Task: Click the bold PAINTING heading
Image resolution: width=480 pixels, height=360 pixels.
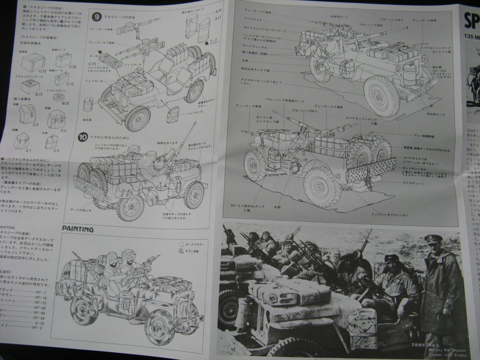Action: pyautogui.click(x=78, y=229)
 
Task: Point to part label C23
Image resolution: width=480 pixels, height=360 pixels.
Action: pyautogui.click(x=43, y=70)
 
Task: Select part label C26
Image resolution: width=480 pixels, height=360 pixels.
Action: pyautogui.click(x=72, y=66)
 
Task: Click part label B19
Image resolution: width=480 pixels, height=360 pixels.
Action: pyautogui.click(x=39, y=94)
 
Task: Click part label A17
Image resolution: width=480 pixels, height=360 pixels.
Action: pyautogui.click(x=218, y=18)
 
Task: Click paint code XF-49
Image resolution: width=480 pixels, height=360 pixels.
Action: pyautogui.click(x=39, y=308)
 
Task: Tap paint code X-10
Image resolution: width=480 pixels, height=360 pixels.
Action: pyautogui.click(x=39, y=323)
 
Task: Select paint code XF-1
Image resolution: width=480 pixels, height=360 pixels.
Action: pyautogui.click(x=40, y=292)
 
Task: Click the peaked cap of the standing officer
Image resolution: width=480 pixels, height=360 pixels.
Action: pyautogui.click(x=434, y=239)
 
